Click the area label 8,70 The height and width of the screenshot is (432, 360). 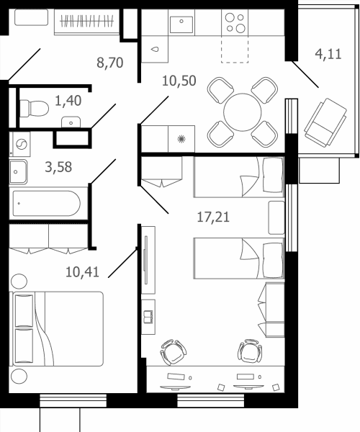pos(110,63)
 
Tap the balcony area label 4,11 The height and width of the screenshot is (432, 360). pos(328,54)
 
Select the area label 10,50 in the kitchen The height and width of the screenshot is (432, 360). pos(179,81)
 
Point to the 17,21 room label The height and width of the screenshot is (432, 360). pos(213,217)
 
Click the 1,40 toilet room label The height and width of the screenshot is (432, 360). pos(68,101)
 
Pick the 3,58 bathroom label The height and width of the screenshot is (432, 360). pos(58,167)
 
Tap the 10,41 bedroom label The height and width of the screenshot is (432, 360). pos(82,272)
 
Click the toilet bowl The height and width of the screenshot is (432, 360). pos(34,108)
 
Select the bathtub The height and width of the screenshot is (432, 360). pos(47,203)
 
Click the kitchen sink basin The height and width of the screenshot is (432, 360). pos(181,24)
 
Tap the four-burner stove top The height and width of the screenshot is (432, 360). pos(235,23)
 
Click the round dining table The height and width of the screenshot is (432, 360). pos(243,112)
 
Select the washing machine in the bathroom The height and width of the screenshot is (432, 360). pos(20,144)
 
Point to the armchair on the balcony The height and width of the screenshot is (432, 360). pos(325,123)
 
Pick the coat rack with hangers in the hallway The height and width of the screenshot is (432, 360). pos(87,22)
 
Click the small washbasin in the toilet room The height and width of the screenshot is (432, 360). pos(71,122)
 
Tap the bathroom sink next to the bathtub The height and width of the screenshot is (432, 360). pos(18,172)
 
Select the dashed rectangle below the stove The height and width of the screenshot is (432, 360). pos(235,49)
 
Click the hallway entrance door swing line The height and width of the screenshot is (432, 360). pos(24,65)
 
